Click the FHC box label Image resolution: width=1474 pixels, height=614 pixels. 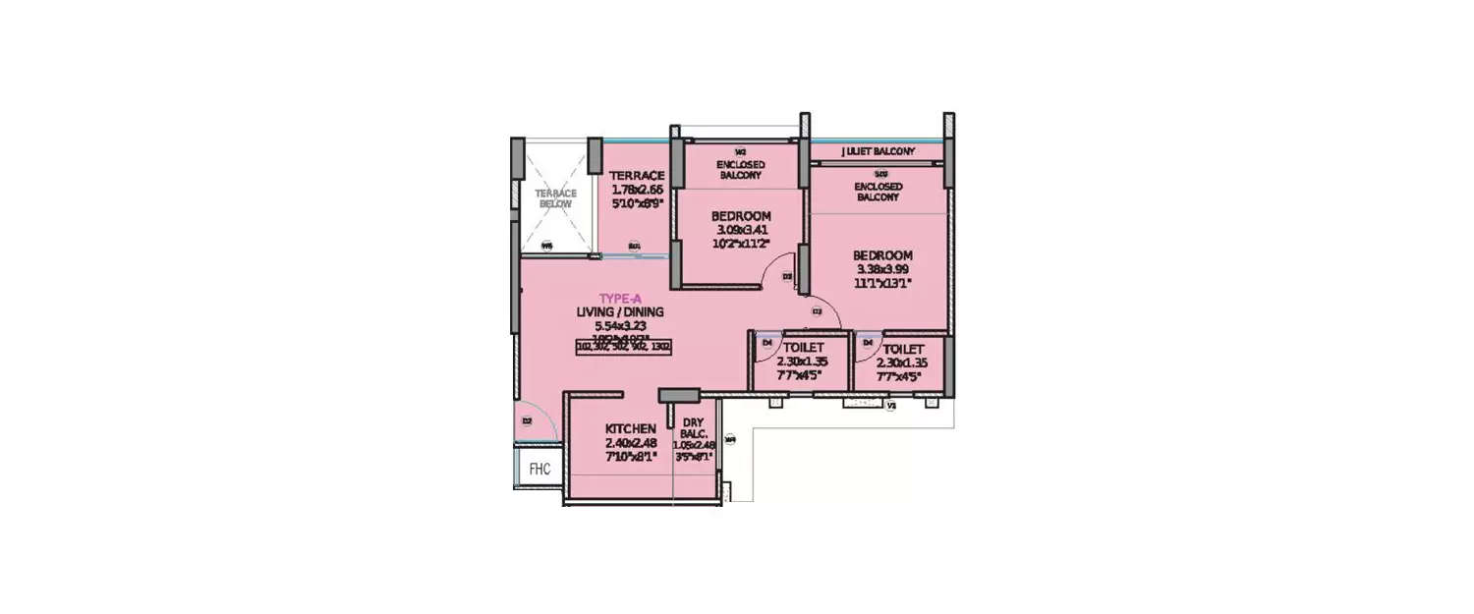(539, 469)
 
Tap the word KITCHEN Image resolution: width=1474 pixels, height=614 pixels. (630, 429)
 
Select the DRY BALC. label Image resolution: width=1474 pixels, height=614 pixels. (693, 428)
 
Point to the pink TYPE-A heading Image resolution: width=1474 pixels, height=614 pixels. (620, 298)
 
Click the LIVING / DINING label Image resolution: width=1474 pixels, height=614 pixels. (620, 312)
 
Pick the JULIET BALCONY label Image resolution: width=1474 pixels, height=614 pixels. (878, 151)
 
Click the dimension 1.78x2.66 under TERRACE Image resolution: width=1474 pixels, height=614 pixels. (637, 190)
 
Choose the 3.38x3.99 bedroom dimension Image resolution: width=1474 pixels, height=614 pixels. (882, 269)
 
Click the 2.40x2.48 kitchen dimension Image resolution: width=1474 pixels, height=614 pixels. (631, 443)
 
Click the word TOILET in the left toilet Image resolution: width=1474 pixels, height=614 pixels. (803, 348)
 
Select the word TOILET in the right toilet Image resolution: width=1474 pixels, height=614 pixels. (902, 348)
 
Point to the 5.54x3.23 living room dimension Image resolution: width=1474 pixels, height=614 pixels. (620, 326)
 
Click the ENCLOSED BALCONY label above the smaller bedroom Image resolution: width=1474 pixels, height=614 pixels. (740, 169)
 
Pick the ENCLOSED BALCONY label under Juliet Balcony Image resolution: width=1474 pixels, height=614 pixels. (877, 191)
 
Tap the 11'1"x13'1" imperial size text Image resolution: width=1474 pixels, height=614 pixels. (882, 283)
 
